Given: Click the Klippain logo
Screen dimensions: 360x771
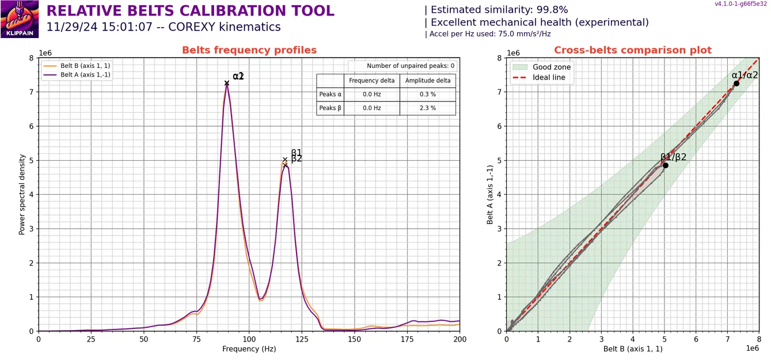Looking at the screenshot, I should (20, 18).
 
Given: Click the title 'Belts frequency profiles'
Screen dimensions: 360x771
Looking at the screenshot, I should (249, 50).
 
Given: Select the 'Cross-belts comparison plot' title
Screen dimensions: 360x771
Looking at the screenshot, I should (633, 50).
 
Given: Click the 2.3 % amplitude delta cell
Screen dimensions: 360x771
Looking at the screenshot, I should (427, 108).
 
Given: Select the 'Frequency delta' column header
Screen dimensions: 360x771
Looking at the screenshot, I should (371, 81).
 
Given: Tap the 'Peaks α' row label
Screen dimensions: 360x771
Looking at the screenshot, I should (330, 94).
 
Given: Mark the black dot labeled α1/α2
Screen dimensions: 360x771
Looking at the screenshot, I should (736, 84).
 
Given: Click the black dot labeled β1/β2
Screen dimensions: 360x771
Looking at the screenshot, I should (665, 165).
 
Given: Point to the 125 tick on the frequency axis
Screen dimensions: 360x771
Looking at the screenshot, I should (302, 339).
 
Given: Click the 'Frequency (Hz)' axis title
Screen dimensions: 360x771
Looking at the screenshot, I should (249, 349).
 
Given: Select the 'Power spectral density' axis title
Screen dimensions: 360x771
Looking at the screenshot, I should (22, 195).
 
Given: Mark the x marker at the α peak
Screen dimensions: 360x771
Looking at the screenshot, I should (227, 83).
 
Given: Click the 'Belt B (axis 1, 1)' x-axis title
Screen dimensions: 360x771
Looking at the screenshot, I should (633, 349).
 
